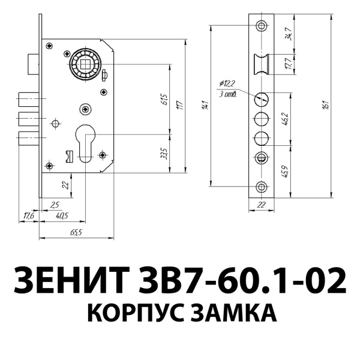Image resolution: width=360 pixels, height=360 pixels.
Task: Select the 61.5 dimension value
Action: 164,98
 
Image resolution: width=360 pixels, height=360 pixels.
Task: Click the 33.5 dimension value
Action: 164,154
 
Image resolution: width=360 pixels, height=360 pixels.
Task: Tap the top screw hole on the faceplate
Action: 262,26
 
